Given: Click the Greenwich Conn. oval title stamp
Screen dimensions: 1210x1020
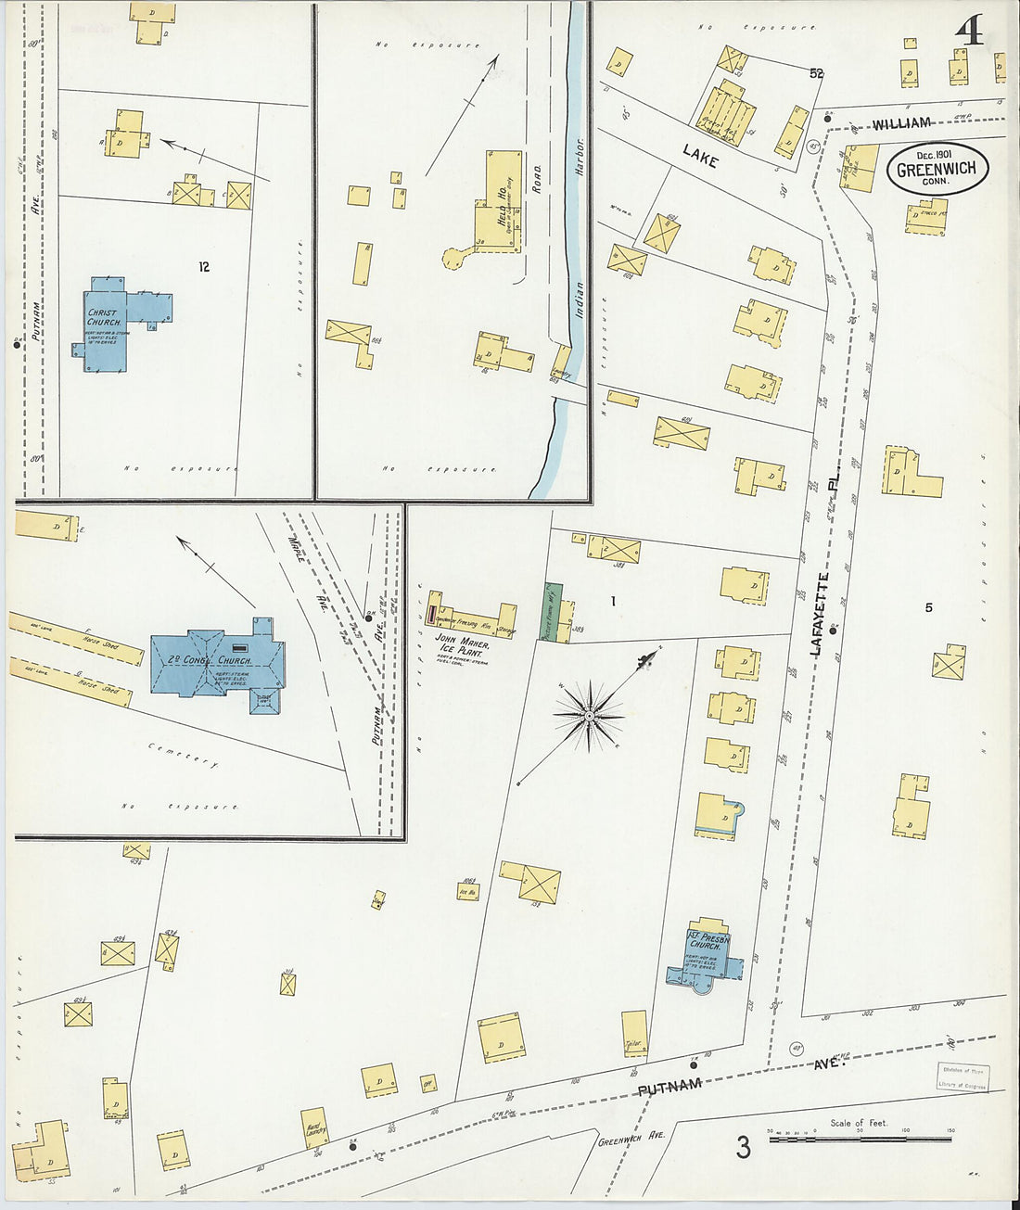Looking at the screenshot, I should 937,168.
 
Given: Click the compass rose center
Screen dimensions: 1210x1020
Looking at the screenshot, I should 589,715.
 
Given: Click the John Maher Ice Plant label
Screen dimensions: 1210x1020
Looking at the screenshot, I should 461,643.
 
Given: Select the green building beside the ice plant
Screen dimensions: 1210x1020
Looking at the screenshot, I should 554,609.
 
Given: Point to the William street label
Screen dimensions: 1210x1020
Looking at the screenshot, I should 900,123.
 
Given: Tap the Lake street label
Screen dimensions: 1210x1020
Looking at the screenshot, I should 700,159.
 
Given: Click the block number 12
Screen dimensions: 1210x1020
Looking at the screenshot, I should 203,267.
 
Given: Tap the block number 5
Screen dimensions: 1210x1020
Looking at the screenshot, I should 928,608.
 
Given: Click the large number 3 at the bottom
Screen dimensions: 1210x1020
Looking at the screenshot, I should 743,1148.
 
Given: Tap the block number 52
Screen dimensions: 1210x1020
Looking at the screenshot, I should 816,73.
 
